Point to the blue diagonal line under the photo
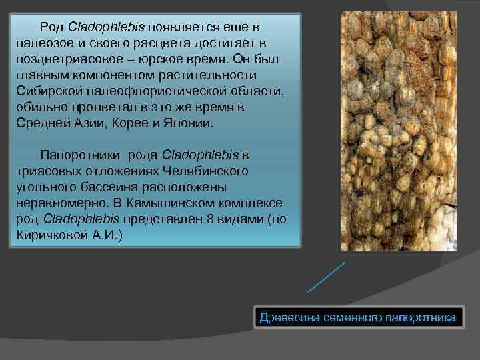tap(326, 277)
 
